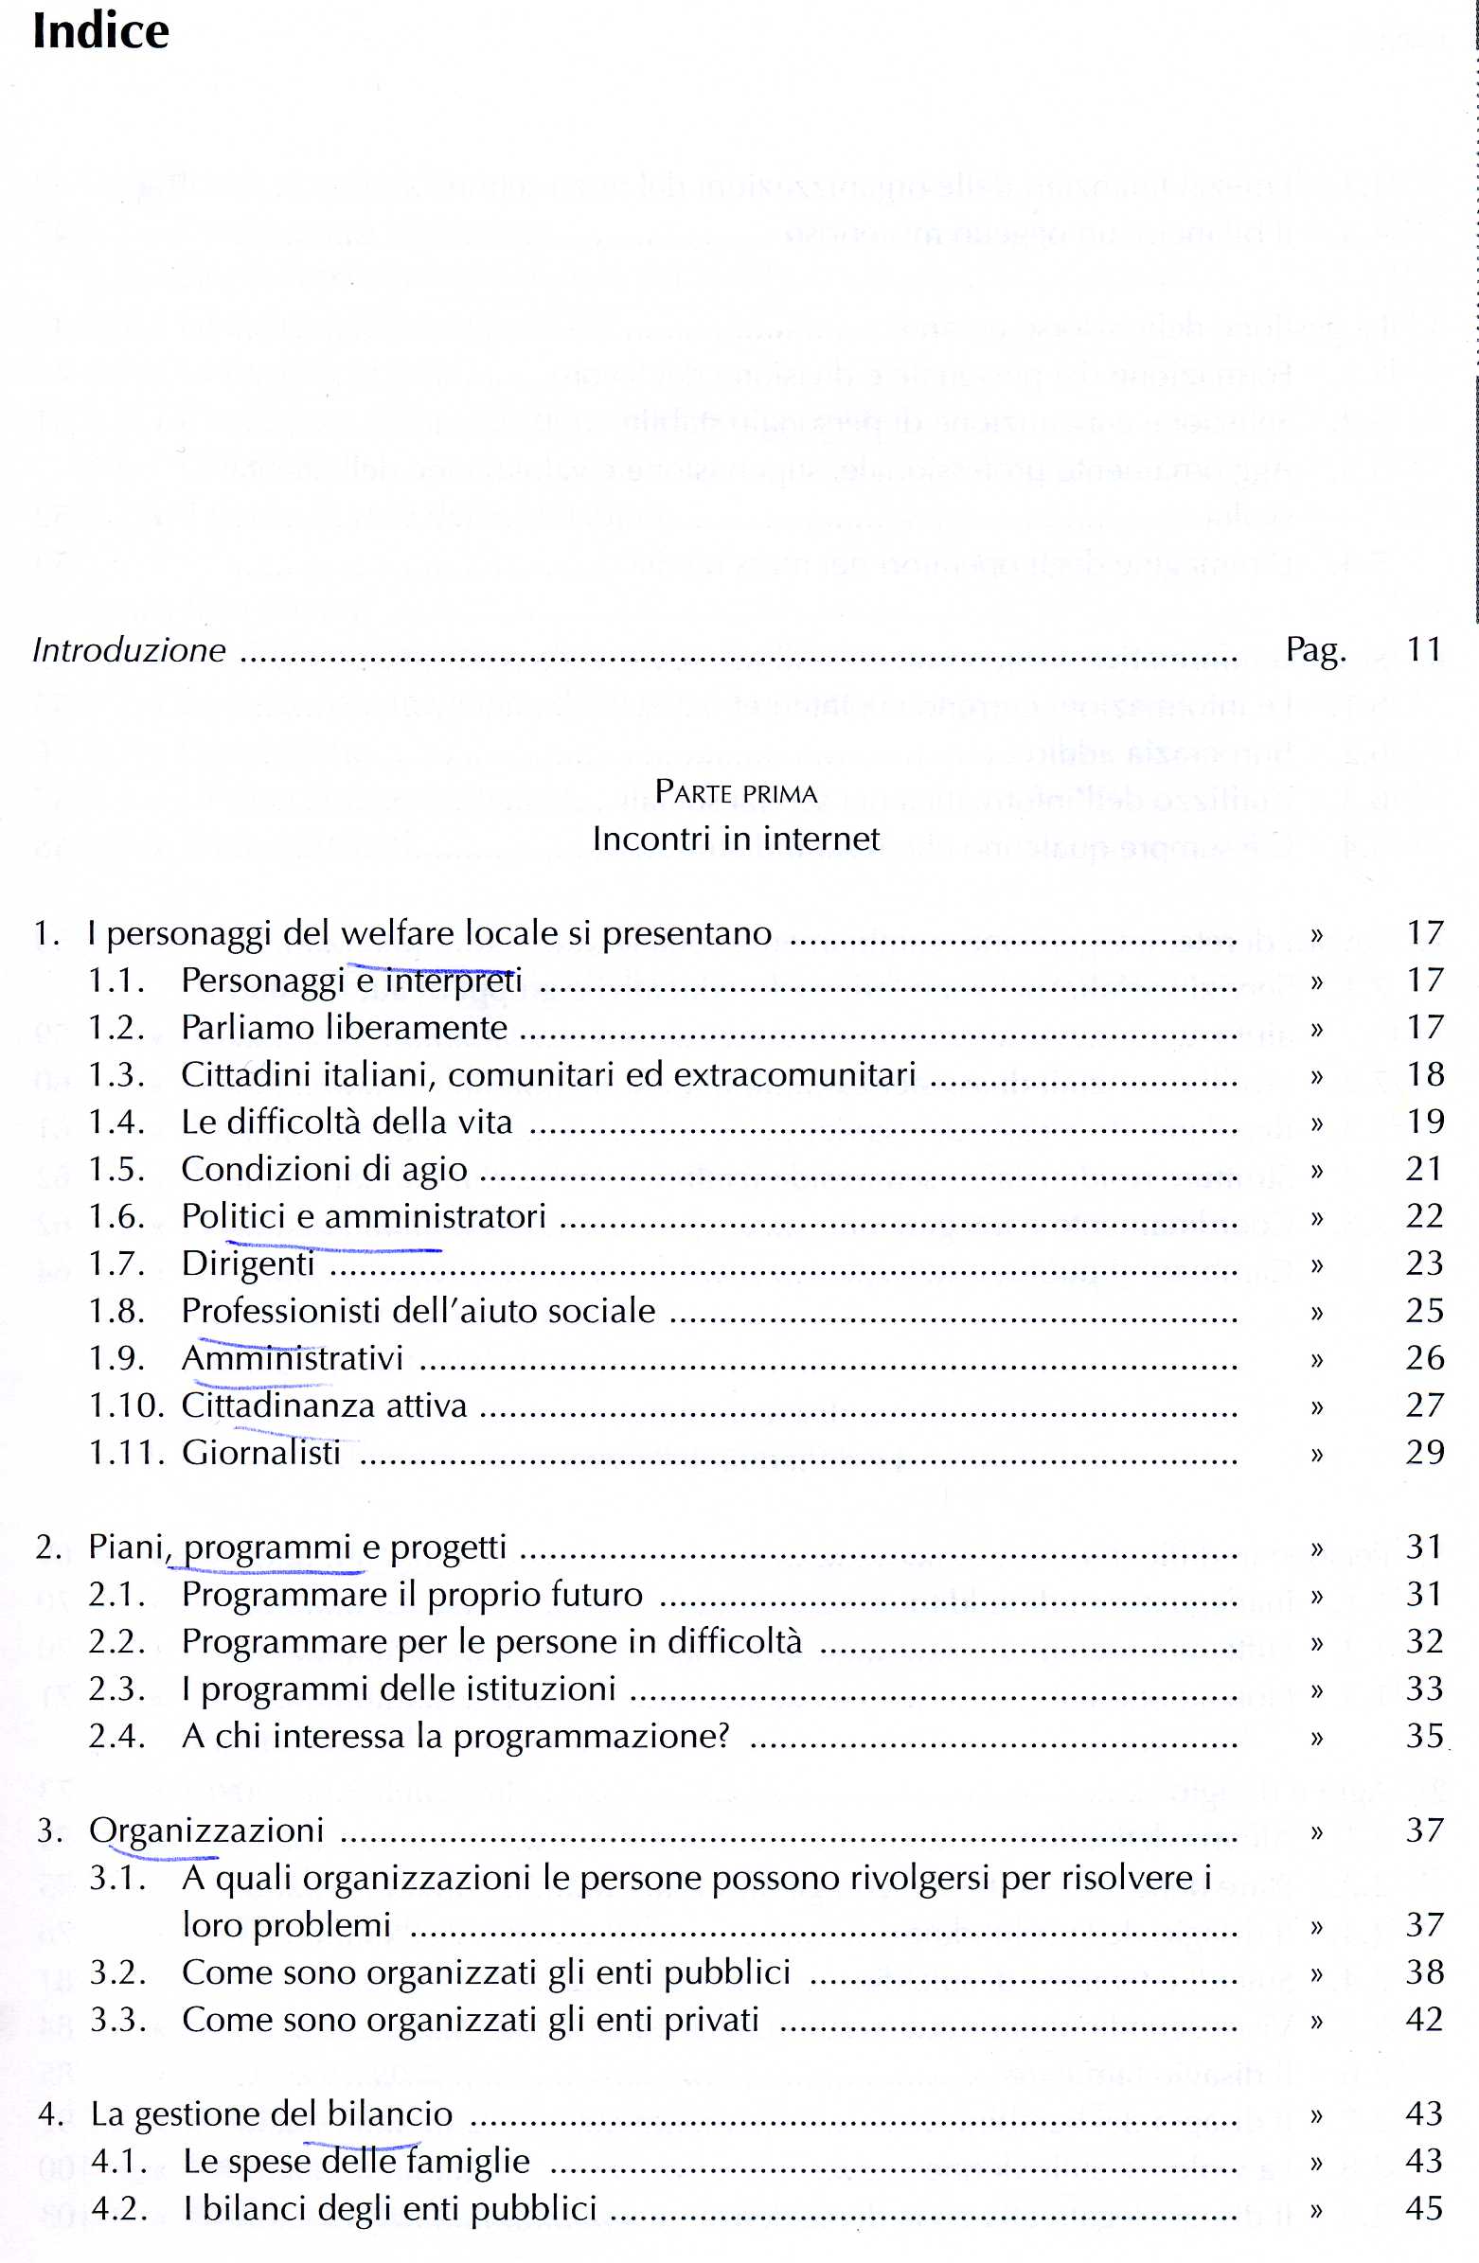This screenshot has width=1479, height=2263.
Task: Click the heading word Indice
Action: tap(100, 31)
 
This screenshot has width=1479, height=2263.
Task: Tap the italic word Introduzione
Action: tap(130, 650)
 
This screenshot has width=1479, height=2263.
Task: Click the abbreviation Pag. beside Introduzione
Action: tap(1315, 650)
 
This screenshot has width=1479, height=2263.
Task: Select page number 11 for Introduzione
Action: tap(1424, 649)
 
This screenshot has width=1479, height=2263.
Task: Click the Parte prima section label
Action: tap(736, 792)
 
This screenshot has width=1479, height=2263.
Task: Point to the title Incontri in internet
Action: tap(736, 839)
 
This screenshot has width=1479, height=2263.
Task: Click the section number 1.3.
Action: tap(116, 1074)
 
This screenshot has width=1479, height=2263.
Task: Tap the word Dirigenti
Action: tap(247, 1264)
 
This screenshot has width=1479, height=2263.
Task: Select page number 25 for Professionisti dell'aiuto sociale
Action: tap(1424, 1310)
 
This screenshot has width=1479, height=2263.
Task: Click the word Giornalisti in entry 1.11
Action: tap(260, 1453)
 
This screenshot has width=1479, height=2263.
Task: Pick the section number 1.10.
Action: tap(127, 1406)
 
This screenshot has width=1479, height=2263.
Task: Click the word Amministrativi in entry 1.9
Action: tap(292, 1358)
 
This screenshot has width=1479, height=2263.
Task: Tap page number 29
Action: tap(1424, 1452)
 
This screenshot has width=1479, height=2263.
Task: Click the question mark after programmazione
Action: tap(722, 1736)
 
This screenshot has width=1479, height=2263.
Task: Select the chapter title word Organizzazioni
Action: tap(206, 1830)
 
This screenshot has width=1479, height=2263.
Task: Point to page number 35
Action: tap(1424, 1736)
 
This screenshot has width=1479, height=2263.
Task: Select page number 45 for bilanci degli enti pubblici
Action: tap(1424, 2208)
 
